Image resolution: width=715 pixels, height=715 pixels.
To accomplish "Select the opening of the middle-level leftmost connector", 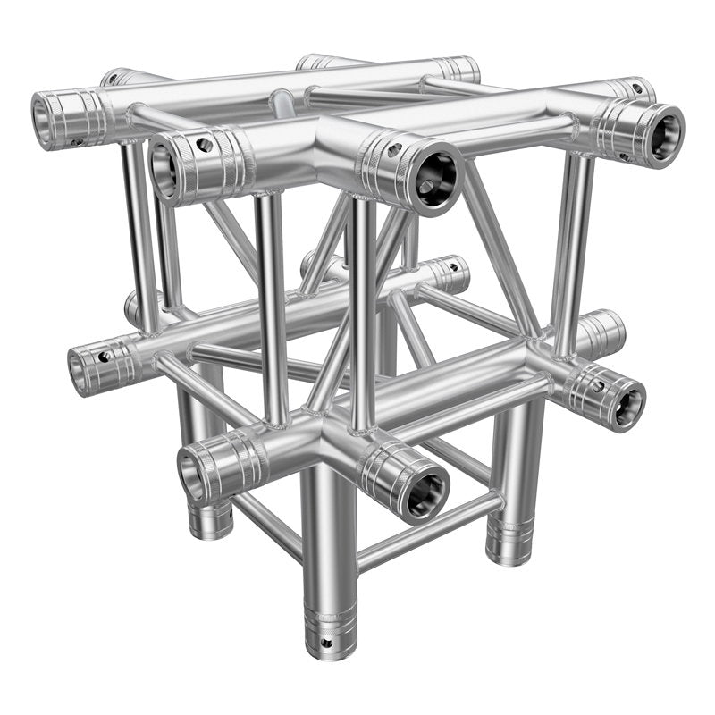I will (81, 369).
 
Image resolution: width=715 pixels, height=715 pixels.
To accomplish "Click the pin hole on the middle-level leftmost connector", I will (105, 357).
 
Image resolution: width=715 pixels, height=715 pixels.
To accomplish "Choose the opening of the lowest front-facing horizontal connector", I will (422, 494).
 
